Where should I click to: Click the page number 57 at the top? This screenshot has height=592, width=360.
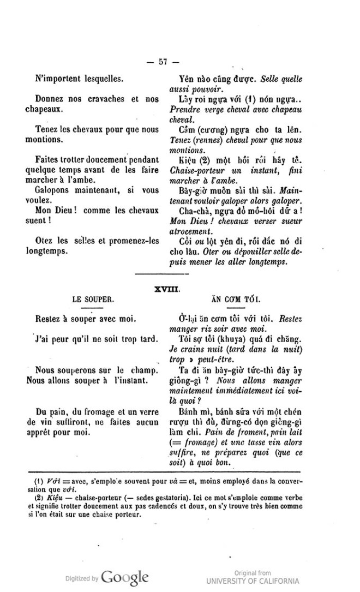(162, 61)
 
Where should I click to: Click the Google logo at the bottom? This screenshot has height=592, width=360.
(124, 577)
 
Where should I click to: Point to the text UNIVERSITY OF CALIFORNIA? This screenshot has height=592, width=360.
(253, 580)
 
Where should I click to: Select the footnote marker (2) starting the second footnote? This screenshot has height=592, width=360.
(39, 499)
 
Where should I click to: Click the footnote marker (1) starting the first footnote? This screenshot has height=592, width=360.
(39, 482)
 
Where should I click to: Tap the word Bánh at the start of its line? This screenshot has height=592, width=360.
(189, 410)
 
